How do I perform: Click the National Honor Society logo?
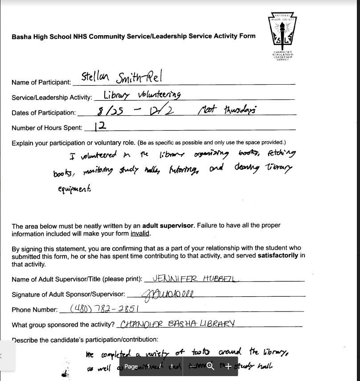pyautogui.click(x=282, y=36)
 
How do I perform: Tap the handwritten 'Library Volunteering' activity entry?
pyautogui.click(x=142, y=95)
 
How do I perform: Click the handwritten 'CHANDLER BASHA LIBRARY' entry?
pyautogui.click(x=177, y=324)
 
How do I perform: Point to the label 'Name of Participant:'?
pyautogui.click(x=41, y=82)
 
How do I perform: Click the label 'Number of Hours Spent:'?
pyautogui.click(x=47, y=128)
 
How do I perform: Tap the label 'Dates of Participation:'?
pyautogui.click(x=44, y=113)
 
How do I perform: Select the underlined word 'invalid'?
pyautogui.click(x=140, y=234)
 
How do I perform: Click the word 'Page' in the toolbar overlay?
pyautogui.click(x=131, y=366)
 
